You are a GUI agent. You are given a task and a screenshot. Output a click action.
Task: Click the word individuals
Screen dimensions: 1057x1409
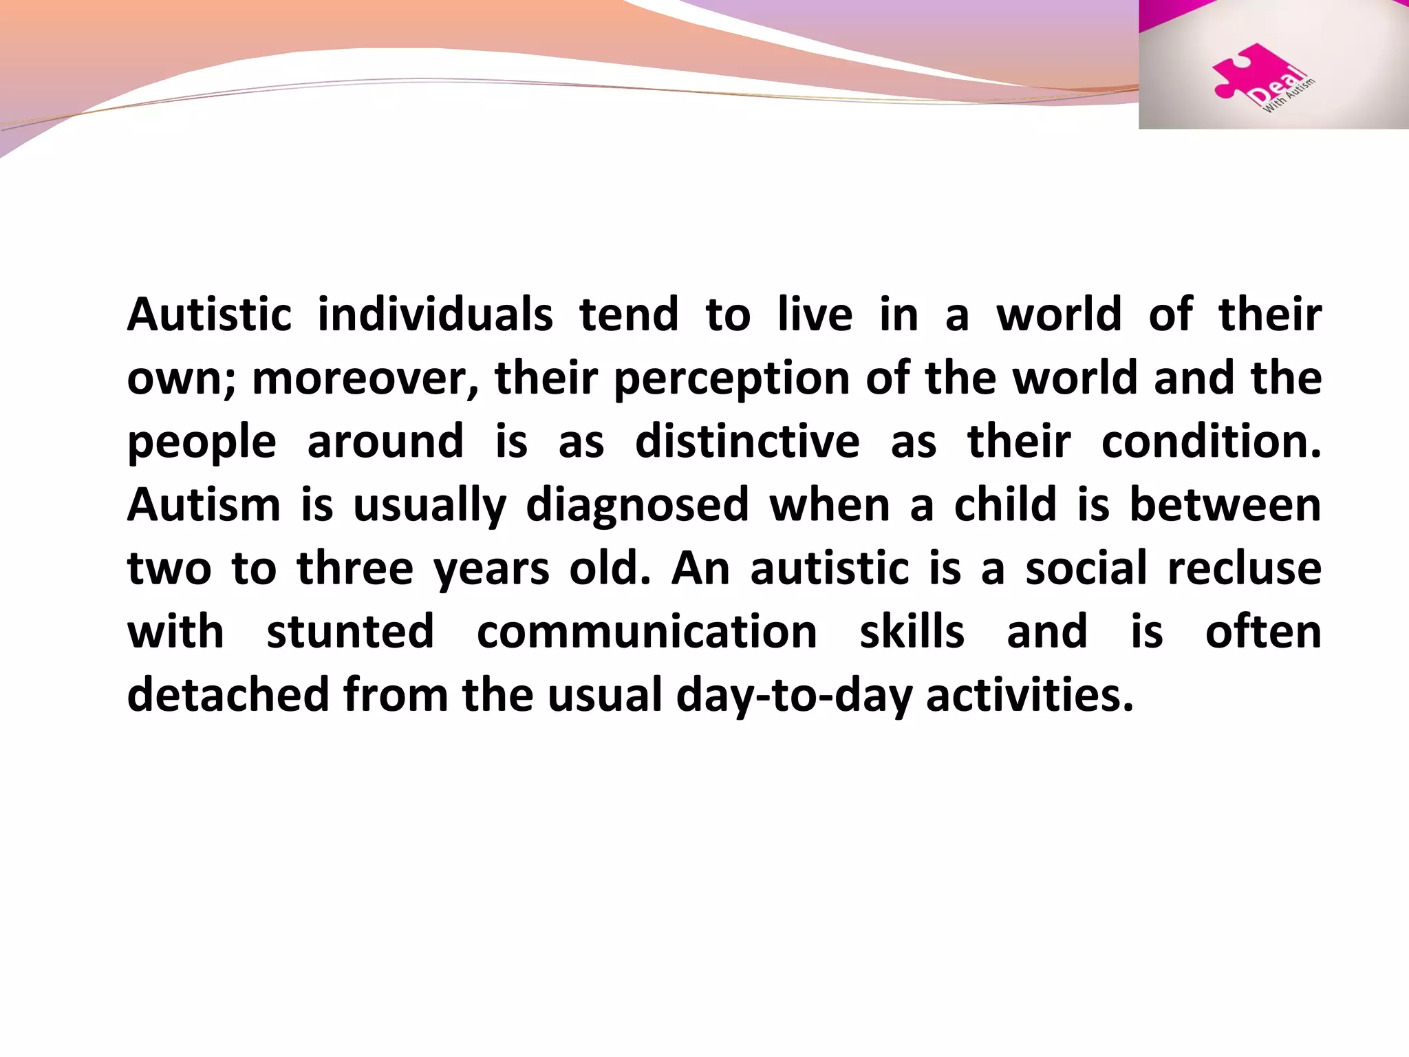click(435, 314)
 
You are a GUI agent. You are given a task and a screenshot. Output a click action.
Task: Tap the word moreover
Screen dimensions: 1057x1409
click(358, 378)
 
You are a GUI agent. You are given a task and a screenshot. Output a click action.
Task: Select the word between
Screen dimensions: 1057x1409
click(1225, 504)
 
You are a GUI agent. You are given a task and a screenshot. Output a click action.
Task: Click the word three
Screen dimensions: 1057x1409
click(355, 568)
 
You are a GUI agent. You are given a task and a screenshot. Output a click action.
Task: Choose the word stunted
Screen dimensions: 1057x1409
click(350, 632)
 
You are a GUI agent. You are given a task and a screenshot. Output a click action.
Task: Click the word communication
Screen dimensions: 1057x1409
click(647, 632)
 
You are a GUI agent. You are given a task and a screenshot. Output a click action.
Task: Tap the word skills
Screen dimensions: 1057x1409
click(912, 632)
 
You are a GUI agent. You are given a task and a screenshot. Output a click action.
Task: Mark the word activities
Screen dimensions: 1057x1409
click(1029, 694)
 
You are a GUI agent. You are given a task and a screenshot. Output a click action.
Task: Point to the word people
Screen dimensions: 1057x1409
click(202, 442)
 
